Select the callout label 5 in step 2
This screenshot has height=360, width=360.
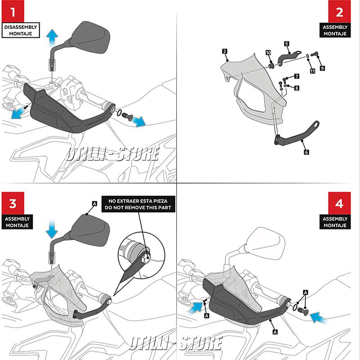[x=286, y=44]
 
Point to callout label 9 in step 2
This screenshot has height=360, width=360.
[x=322, y=67]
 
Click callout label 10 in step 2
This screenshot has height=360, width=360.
[x=268, y=53]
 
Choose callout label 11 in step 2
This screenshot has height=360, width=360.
[x=312, y=71]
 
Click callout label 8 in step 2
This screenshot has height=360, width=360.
[x=297, y=89]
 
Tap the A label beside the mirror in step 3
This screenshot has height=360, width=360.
[x=94, y=204]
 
